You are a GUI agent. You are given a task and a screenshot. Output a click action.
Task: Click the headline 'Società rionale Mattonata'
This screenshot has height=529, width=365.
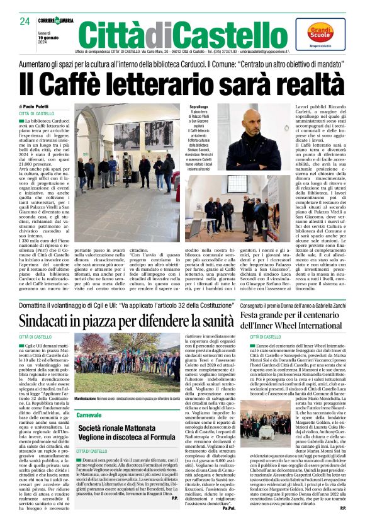(x=124, y=428)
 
